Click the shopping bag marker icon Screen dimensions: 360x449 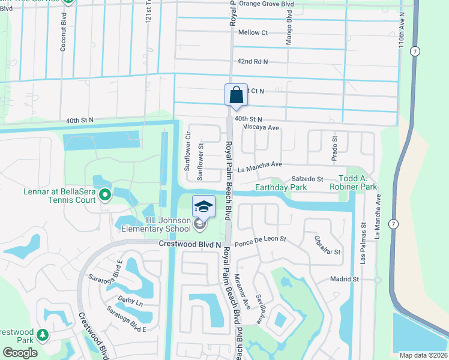point(236,95)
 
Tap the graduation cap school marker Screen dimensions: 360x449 point(203,207)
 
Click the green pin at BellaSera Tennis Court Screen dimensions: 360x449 point(105,194)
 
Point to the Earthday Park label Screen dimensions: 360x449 point(281,188)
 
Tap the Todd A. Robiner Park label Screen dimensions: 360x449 point(349,183)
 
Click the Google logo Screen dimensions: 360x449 point(20,353)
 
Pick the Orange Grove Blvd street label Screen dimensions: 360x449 point(267,4)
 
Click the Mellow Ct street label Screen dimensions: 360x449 point(253,32)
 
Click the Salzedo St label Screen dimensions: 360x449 point(307,179)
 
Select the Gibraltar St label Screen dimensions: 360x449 point(327,245)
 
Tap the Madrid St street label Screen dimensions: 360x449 point(344,279)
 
